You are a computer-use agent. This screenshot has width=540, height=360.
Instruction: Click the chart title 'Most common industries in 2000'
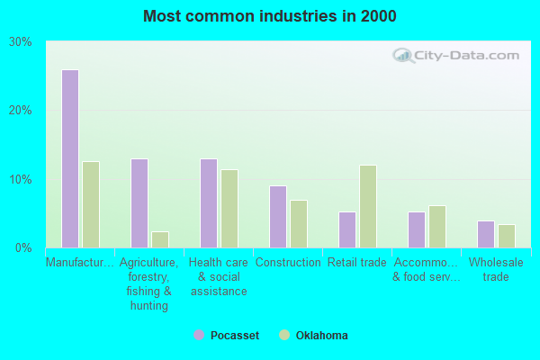tap(269, 16)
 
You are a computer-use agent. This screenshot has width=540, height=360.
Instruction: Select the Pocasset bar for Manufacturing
tap(70, 158)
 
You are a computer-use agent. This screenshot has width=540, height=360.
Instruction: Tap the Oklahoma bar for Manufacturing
tap(91, 204)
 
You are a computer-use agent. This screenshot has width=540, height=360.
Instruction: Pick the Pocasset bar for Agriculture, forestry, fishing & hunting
tap(139, 203)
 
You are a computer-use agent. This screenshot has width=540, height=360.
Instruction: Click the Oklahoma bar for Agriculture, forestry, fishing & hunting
tap(160, 239)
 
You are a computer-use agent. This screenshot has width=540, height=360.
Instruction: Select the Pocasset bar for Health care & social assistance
tap(209, 203)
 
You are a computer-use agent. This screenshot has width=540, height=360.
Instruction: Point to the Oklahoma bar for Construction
tap(299, 223)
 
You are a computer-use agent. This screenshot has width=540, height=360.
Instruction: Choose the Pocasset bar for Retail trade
tap(347, 229)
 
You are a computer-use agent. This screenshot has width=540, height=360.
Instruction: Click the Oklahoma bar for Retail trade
tap(368, 206)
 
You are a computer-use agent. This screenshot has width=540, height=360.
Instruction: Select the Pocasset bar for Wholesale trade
tap(486, 234)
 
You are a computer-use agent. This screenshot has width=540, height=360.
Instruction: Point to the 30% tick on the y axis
tap(21, 42)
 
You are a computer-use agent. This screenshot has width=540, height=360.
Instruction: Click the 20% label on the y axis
tap(21, 111)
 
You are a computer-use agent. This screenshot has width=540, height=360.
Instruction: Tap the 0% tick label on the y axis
tap(24, 247)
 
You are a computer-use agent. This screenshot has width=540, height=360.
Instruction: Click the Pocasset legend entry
tap(229, 336)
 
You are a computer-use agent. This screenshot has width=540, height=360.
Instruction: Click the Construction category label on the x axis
tap(288, 263)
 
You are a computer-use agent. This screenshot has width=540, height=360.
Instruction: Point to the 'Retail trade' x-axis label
tap(357, 263)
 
